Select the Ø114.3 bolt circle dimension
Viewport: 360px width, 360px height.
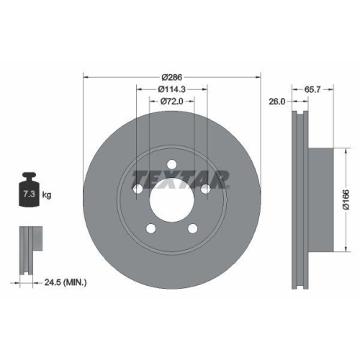(171, 89)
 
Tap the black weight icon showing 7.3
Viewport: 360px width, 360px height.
(28, 191)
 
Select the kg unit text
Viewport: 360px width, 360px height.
(48, 195)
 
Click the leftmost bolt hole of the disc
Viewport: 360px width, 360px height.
(138, 189)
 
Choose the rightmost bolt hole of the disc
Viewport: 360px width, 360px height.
(205, 189)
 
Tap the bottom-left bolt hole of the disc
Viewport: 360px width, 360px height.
(150, 228)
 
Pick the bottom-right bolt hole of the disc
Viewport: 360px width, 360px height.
(192, 228)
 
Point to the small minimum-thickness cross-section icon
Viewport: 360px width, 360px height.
(28, 248)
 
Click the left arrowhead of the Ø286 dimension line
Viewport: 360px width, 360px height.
(87, 76)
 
